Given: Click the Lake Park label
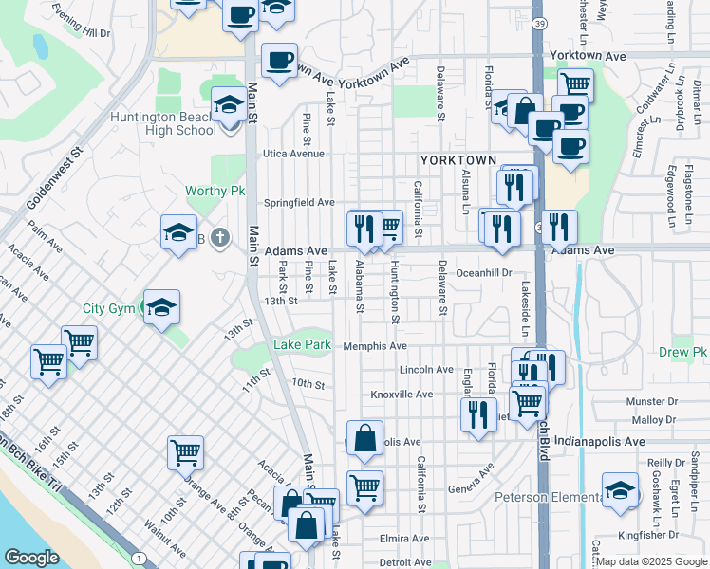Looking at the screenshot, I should pyautogui.click(x=303, y=344).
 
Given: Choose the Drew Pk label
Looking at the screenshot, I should pyautogui.click(x=683, y=352).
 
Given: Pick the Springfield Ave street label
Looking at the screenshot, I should pyautogui.click(x=299, y=202).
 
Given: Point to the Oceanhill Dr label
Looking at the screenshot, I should pyautogui.click(x=484, y=272).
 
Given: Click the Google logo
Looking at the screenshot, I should pyautogui.click(x=31, y=558).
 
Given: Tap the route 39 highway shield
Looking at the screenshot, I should pyautogui.click(x=538, y=23).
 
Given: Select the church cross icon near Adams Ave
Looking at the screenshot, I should pyautogui.click(x=220, y=237).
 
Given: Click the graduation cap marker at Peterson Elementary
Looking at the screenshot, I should pyautogui.click(x=620, y=491).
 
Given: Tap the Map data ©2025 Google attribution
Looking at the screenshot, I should pyautogui.click(x=649, y=561).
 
